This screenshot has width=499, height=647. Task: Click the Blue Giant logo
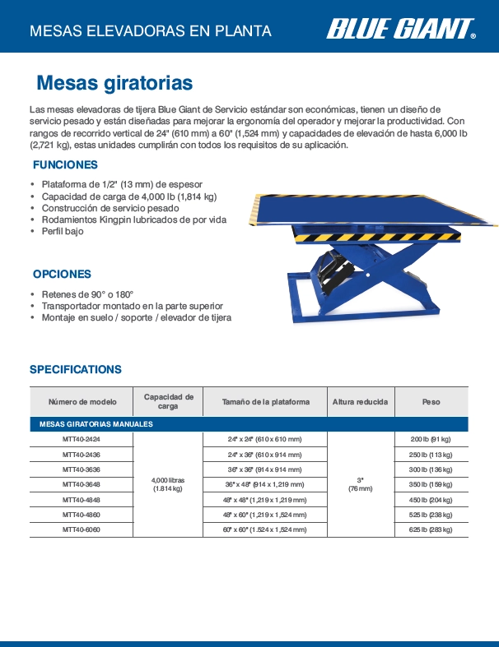(401, 30)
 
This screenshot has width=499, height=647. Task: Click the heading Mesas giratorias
(114, 83)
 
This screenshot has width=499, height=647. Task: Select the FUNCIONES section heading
(65, 165)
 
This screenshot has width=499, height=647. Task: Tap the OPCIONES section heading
(62, 274)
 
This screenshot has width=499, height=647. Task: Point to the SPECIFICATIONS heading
(76, 369)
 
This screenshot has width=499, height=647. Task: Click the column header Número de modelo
(82, 402)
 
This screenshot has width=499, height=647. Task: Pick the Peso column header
(431, 402)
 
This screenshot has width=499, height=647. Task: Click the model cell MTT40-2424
(82, 440)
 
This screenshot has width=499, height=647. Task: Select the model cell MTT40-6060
(82, 529)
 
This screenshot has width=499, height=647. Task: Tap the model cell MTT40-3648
(82, 484)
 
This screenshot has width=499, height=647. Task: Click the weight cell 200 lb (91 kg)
(431, 440)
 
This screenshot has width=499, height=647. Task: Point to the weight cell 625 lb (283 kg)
(431, 529)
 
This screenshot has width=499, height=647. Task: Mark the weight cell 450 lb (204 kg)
(431, 499)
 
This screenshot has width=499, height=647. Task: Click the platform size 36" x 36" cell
(265, 469)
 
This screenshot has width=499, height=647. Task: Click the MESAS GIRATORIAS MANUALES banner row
(249, 424)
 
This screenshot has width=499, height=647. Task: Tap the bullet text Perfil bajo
(63, 232)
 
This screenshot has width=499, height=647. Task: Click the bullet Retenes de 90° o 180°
(87, 293)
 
